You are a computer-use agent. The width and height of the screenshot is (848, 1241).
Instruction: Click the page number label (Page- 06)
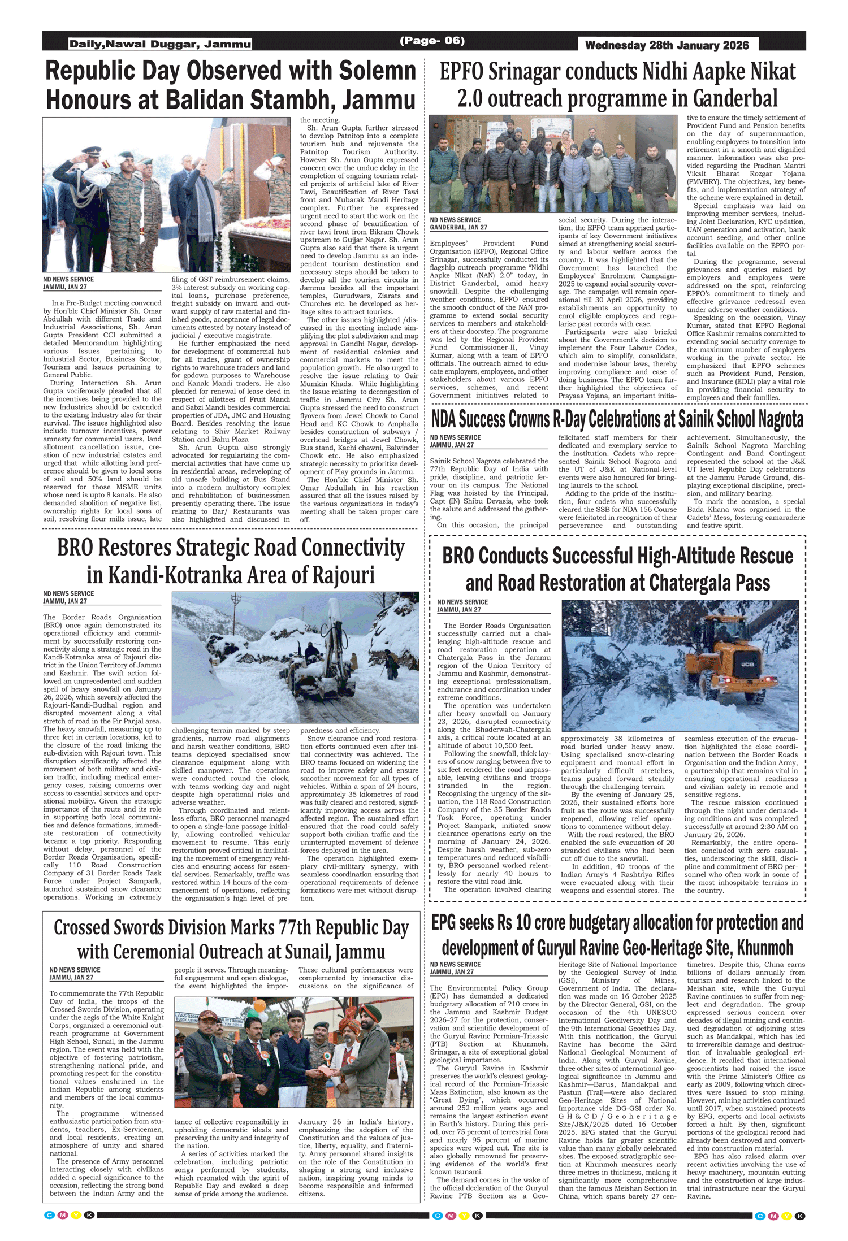[432, 41]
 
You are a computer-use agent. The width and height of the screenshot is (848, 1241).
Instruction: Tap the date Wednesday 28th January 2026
[667, 45]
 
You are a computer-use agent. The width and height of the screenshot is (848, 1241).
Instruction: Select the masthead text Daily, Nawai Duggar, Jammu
[160, 44]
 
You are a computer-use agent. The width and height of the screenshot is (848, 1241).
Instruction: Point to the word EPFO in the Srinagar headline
[462, 72]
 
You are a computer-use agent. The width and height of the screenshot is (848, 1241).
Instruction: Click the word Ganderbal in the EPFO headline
[735, 98]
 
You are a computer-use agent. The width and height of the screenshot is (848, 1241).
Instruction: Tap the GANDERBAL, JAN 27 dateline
[458, 227]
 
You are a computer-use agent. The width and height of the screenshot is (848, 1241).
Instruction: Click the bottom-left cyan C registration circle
[49, 1215]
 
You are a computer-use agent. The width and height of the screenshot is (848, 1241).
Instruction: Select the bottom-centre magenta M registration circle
[451, 1216]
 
